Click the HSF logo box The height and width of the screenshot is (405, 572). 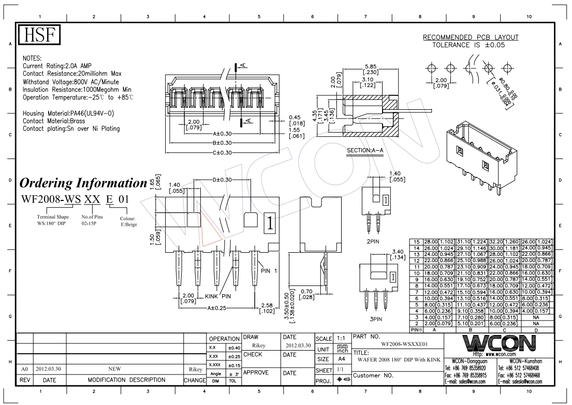pos(39,35)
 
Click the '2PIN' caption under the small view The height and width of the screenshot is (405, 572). pos(373,241)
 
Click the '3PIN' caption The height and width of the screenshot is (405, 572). pos(373,319)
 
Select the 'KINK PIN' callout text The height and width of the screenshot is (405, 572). pos(218,296)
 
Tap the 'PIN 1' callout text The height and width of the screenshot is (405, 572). pos(272,270)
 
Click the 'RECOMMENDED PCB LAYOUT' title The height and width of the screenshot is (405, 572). pos(471,38)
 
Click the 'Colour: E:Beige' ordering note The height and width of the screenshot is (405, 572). pos(127,221)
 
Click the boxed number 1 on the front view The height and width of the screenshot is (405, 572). pos(270,223)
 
